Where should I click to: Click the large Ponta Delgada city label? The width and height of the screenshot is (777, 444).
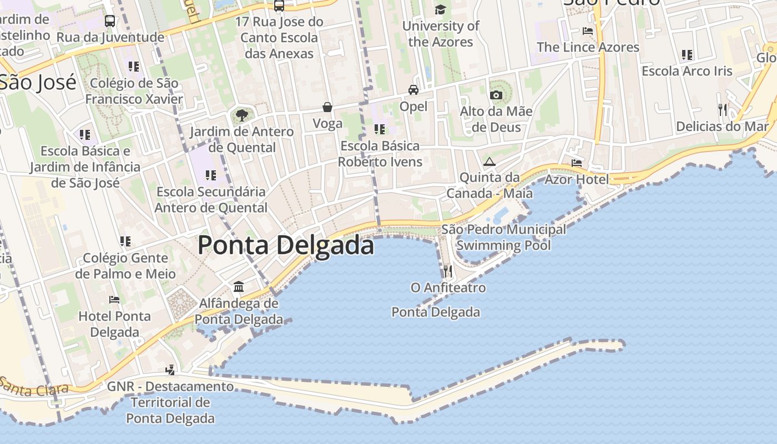click(285, 245)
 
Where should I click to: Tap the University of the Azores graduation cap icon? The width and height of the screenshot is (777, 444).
click(441, 9)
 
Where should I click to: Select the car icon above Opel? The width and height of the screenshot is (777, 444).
click(413, 90)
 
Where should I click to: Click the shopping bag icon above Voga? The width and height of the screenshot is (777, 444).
click(327, 107)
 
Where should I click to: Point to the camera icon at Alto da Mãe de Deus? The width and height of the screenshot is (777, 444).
click(496, 95)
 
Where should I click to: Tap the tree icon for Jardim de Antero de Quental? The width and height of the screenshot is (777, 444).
click(241, 115)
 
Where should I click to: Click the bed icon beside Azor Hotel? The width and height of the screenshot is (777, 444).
click(577, 163)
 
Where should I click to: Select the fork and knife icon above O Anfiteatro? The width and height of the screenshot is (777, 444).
click(447, 271)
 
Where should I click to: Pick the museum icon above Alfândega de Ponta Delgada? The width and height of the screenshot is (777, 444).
click(239, 287)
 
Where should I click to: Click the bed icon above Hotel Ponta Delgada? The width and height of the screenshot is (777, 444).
click(114, 300)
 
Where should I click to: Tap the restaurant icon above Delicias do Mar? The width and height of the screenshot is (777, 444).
click(722, 110)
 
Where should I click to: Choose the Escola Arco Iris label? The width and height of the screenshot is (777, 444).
click(687, 71)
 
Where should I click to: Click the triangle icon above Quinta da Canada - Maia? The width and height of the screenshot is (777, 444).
click(489, 162)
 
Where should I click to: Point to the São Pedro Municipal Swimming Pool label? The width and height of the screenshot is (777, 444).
click(503, 237)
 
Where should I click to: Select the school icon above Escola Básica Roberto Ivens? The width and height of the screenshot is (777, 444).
click(380, 129)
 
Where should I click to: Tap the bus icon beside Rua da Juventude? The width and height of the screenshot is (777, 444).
click(110, 22)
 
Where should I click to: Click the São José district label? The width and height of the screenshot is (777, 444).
click(37, 82)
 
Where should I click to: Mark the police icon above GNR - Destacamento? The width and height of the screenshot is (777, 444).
click(170, 370)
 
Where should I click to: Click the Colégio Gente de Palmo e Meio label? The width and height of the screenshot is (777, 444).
click(125, 266)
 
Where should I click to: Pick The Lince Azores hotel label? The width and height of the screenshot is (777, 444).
click(588, 47)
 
